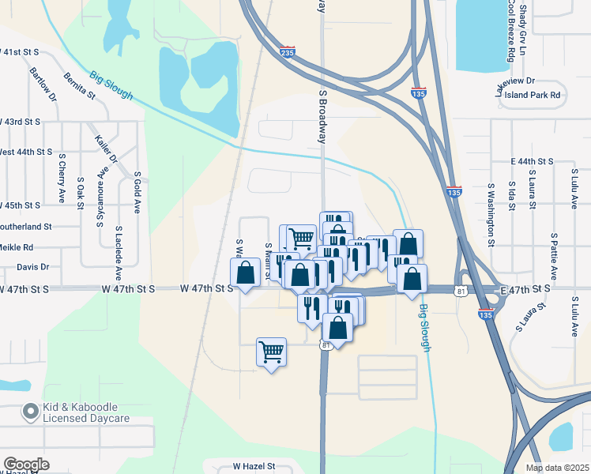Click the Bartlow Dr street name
tap(43, 84)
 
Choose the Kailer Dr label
tap(106, 148)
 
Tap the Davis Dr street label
tap(32, 267)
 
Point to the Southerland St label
tap(25, 226)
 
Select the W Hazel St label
tap(253, 467)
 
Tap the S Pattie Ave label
tap(555, 257)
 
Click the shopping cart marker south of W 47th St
tap(271, 351)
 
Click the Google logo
tap(26, 465)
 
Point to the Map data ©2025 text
tap(556, 468)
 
